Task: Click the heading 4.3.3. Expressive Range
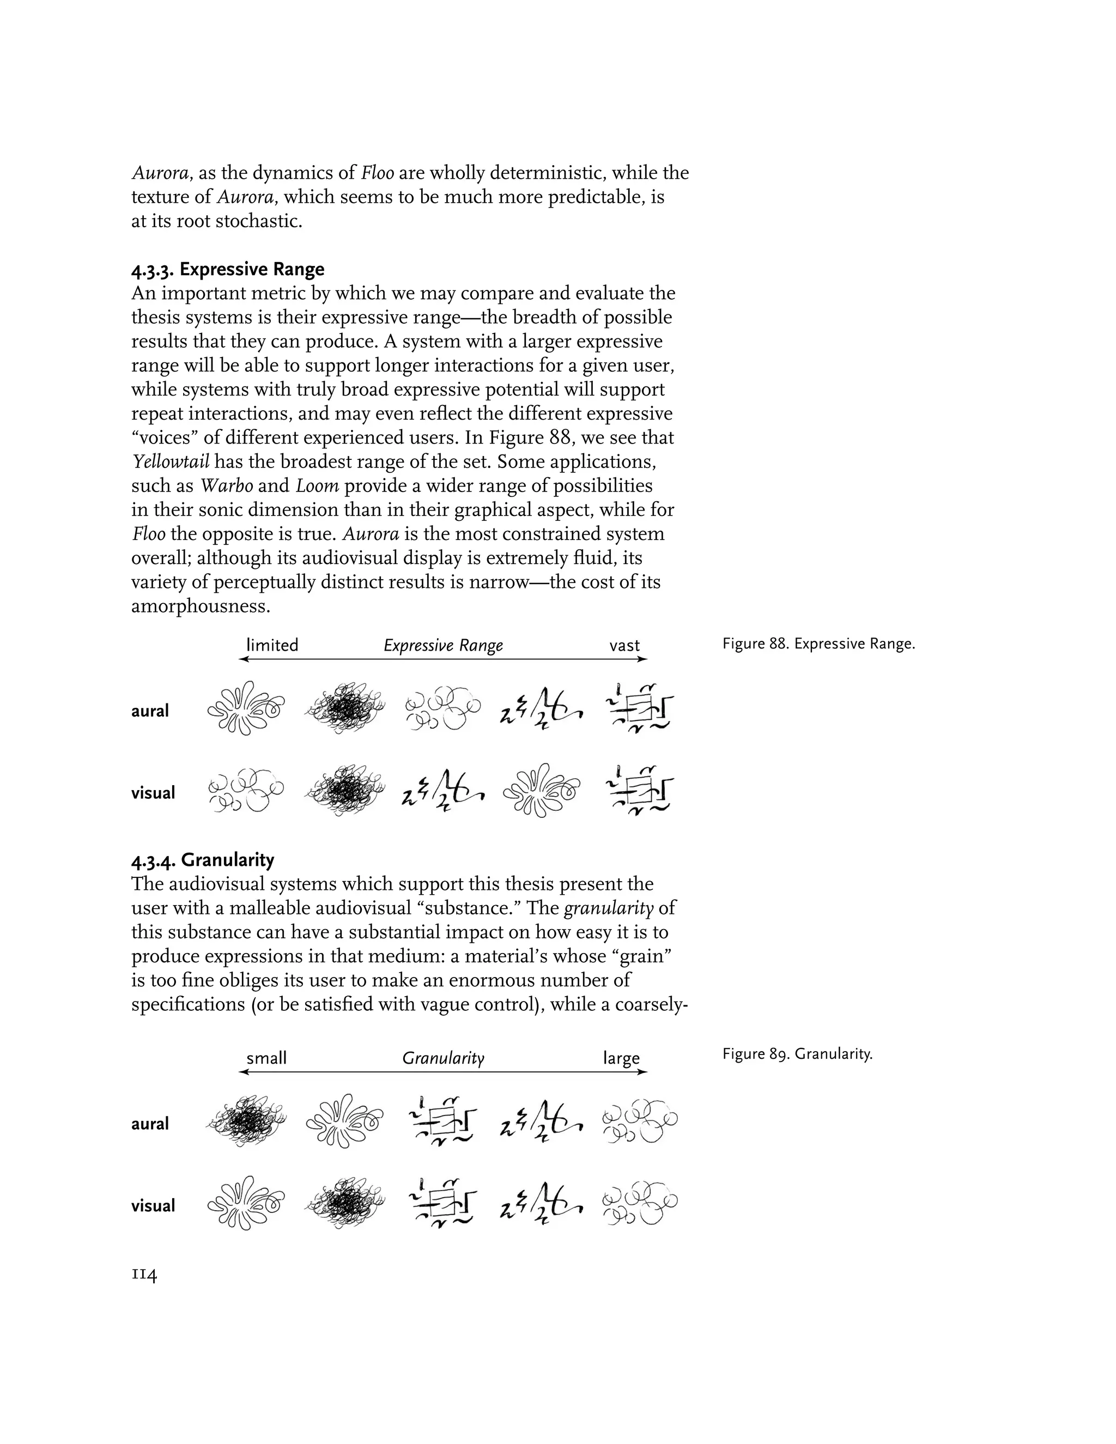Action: click(228, 269)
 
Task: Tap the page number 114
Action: click(144, 1273)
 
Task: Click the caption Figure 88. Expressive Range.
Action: click(818, 644)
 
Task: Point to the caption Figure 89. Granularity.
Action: click(797, 1054)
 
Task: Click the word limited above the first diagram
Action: click(272, 645)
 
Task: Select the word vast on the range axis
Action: click(624, 645)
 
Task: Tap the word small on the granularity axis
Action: click(266, 1058)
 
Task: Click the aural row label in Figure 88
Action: click(150, 711)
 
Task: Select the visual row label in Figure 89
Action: click(153, 1205)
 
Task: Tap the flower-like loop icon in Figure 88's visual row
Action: click(541, 790)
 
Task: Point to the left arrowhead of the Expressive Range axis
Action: click(242, 659)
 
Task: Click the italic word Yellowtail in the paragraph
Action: click(171, 462)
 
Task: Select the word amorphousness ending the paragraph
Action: click(201, 606)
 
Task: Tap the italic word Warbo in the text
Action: click(226, 486)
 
